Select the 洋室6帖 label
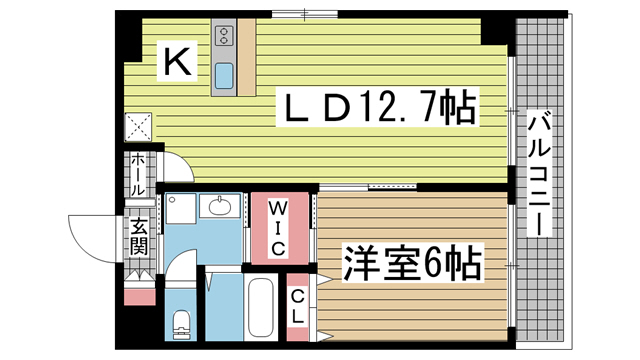pos(412,265)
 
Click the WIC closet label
pos(279,227)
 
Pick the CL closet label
pos(298,304)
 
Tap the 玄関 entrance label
pos(137,236)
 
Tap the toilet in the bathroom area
pos(181,325)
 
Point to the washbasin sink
pos(220,208)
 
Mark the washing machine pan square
pos(181,211)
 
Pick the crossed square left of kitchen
pos(137,127)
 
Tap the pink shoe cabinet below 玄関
pos(138,295)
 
